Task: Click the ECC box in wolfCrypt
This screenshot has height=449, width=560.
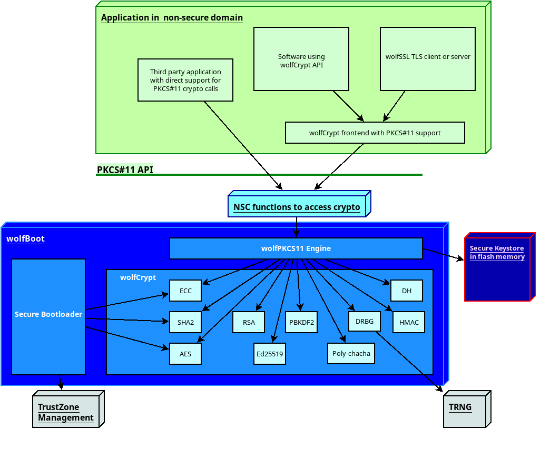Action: [x=185, y=291]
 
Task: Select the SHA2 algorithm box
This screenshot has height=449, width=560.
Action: [x=185, y=322]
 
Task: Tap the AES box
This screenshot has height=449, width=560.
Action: [x=185, y=354]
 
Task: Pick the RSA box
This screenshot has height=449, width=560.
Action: [x=249, y=322]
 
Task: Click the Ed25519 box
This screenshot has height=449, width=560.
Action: [x=270, y=354]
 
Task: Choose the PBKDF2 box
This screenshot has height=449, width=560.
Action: [x=301, y=322]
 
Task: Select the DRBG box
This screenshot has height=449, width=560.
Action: [x=364, y=321]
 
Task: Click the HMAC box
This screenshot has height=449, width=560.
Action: [x=409, y=322]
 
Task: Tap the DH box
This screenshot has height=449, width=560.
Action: [x=407, y=291]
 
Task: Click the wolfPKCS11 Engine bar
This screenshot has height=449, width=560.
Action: [x=296, y=248]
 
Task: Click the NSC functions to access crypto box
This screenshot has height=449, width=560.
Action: [x=297, y=207]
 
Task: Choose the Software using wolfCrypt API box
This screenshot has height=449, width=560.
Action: [x=301, y=59]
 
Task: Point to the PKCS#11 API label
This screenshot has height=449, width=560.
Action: [x=125, y=170]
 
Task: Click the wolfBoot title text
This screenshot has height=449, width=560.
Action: [x=25, y=238]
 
